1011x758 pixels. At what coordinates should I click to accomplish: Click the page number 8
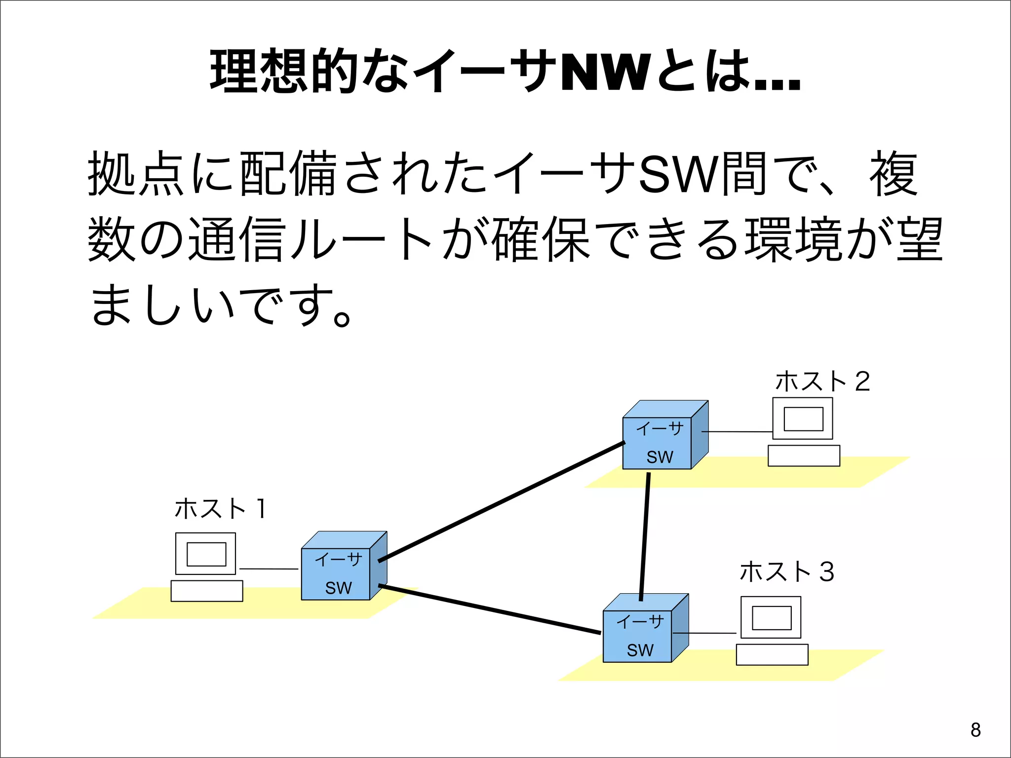pyautogui.click(x=975, y=730)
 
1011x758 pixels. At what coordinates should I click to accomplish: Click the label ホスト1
pyautogui.click(x=220, y=508)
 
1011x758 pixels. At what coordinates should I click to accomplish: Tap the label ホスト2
pyautogui.click(x=822, y=381)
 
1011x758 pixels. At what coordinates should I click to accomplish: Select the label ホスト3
pyautogui.click(x=786, y=572)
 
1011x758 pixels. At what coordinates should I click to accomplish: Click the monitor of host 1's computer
pyautogui.click(x=206, y=554)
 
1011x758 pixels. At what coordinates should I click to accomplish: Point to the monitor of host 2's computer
pyautogui.click(x=803, y=418)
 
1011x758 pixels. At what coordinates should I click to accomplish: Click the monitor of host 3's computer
pyautogui.click(x=771, y=617)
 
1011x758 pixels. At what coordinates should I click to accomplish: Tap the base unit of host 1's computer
pyautogui.click(x=207, y=591)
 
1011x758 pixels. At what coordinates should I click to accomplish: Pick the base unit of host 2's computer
pyautogui.click(x=804, y=455)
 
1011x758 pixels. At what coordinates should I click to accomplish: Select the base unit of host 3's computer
pyautogui.click(x=772, y=655)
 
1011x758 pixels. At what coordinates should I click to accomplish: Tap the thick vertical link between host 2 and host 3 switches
pyautogui.click(x=645, y=536)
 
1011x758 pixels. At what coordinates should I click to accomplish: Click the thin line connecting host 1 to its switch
pyautogui.click(x=269, y=569)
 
